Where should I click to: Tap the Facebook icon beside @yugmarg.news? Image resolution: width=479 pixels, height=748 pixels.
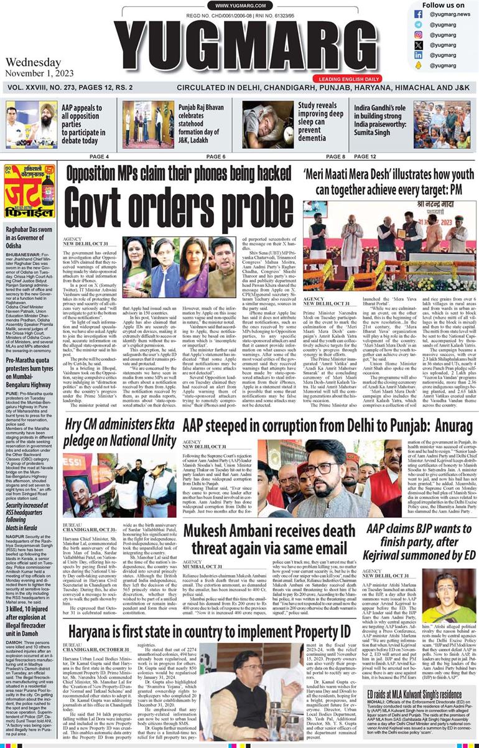pos(418,14)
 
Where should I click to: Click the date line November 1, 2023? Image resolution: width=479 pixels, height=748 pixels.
pos(37,73)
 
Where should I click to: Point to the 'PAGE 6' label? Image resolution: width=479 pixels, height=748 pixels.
pos(215,156)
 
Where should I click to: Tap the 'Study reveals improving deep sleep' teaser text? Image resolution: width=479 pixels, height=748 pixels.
pos(320,122)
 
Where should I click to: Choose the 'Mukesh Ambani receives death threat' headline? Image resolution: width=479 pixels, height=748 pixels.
pos(270,540)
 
